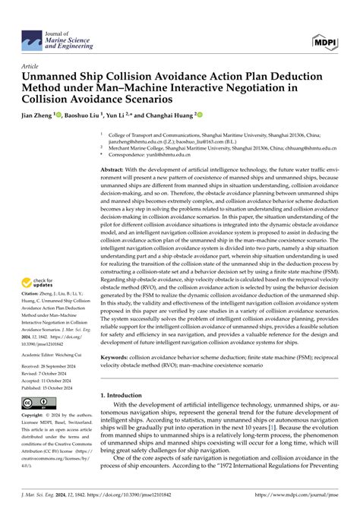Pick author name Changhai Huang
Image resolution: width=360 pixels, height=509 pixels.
coord(169,116)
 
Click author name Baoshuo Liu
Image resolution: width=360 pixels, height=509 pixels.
coord(83,116)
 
